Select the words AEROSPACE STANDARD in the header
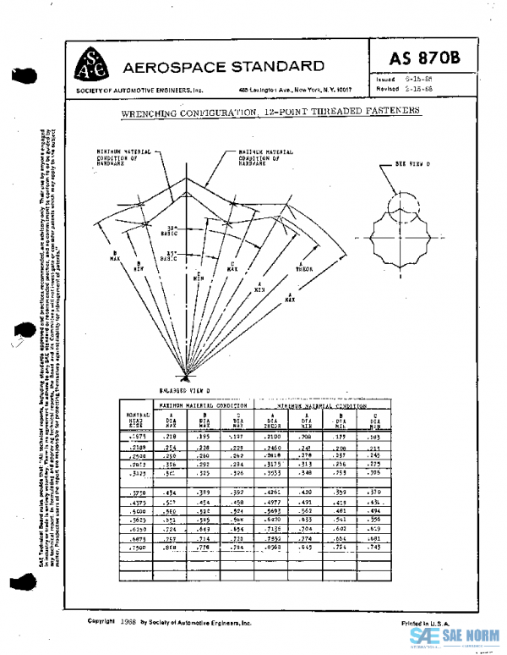(223, 67)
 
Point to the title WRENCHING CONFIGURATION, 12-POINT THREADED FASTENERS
(270, 112)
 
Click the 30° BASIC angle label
(172, 230)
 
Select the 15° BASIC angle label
(172, 256)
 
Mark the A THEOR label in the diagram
(303, 266)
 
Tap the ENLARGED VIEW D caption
(184, 391)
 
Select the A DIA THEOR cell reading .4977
(272, 502)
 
